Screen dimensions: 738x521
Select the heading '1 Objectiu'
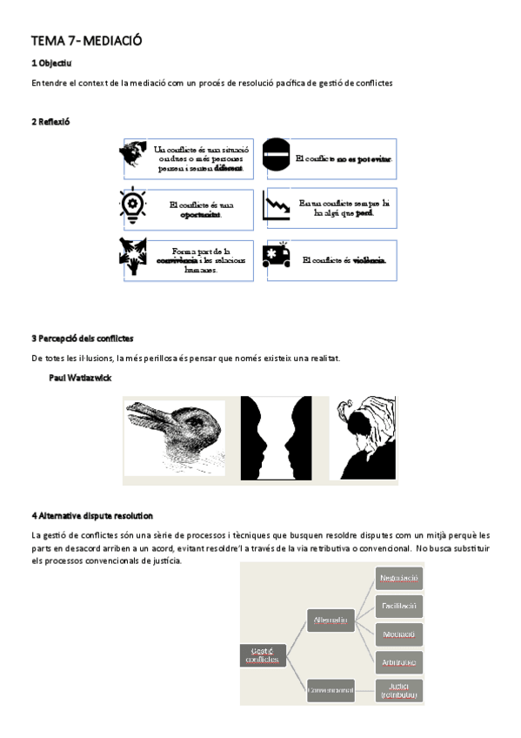pos(51,64)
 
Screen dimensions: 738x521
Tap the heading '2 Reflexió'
pos(50,122)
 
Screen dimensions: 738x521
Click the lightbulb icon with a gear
pos(133,203)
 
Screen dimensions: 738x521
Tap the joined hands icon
pos(133,256)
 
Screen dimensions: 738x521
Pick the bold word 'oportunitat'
pos(201,215)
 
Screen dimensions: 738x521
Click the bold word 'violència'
pos(370,260)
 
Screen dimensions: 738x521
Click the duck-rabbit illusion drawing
pos(174,437)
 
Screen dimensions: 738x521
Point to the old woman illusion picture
pos(364,439)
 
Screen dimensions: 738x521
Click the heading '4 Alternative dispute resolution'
pos(92,515)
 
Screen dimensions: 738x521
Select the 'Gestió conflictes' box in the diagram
pos(264,655)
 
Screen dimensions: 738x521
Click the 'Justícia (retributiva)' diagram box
pos(399,690)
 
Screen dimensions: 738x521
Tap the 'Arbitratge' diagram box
pos(399,662)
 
